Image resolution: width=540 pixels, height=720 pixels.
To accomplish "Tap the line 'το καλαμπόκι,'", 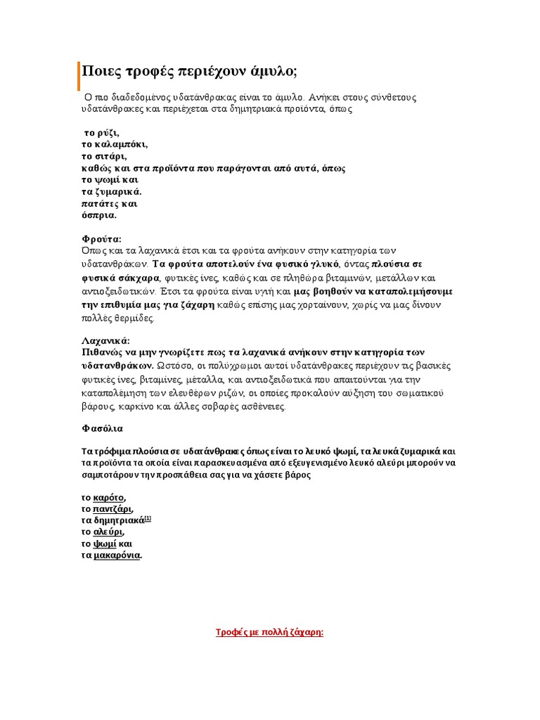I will tap(115, 144).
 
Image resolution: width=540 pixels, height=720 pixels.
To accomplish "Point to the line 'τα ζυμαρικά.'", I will tap(112, 191).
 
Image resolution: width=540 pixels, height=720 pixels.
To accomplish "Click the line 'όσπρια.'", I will tap(99, 215).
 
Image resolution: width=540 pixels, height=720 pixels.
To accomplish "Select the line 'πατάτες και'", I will tap(109, 203).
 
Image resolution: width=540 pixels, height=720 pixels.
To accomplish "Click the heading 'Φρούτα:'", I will tap(101, 239).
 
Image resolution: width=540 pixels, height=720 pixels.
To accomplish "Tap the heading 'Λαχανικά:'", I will tap(105, 340).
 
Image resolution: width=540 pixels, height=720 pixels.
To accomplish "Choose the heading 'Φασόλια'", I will tap(102, 428).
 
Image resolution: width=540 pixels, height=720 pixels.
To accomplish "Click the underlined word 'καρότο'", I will tap(109, 498).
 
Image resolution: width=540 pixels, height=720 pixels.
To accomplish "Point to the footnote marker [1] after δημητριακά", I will tap(148, 519).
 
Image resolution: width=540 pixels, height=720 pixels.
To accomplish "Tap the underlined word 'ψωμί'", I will tap(104, 544).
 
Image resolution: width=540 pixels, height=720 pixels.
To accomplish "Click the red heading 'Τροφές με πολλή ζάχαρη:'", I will tap(269, 632).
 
